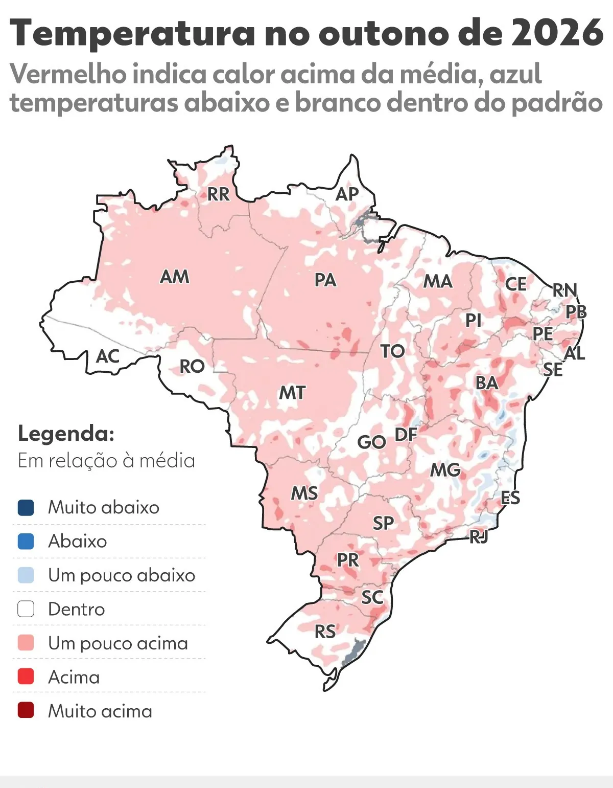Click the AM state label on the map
click(175, 277)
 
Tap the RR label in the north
click(218, 194)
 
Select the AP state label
click(347, 194)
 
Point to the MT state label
click(292, 393)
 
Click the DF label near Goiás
click(406, 435)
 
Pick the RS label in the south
click(325, 632)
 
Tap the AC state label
click(107, 356)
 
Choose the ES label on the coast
click(510, 498)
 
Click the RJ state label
click(479, 536)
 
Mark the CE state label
click(515, 284)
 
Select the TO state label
click(392, 351)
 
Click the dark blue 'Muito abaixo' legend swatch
click(26, 507)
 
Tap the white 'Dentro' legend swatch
click(26, 609)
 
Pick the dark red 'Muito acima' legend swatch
click(26, 711)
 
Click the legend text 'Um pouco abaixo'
click(122, 575)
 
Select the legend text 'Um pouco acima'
click(118, 643)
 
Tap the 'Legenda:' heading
click(66, 434)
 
